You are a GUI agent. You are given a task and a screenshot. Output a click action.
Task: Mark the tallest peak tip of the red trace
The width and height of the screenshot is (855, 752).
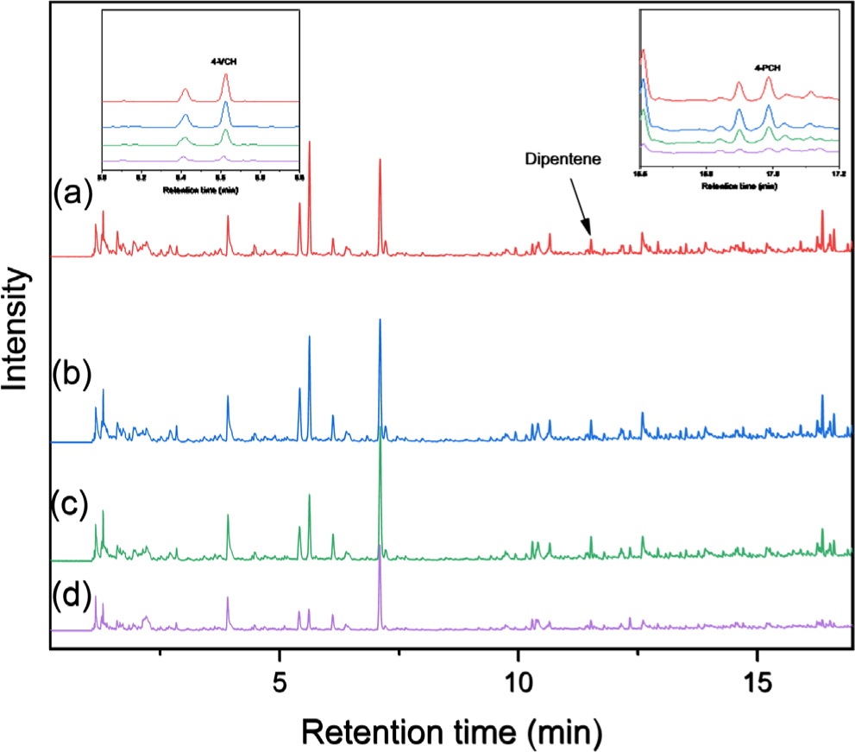pyautogui.click(x=309, y=142)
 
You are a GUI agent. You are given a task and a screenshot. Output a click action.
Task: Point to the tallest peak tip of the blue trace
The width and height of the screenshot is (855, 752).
pyautogui.click(x=380, y=319)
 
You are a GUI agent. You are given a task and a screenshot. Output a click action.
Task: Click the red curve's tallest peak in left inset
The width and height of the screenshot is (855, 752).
pyautogui.click(x=226, y=74)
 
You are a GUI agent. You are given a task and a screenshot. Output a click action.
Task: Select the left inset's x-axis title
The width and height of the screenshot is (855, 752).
pyautogui.click(x=199, y=186)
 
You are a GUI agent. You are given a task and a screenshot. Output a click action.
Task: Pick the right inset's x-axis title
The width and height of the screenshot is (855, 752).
pyautogui.click(x=739, y=185)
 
